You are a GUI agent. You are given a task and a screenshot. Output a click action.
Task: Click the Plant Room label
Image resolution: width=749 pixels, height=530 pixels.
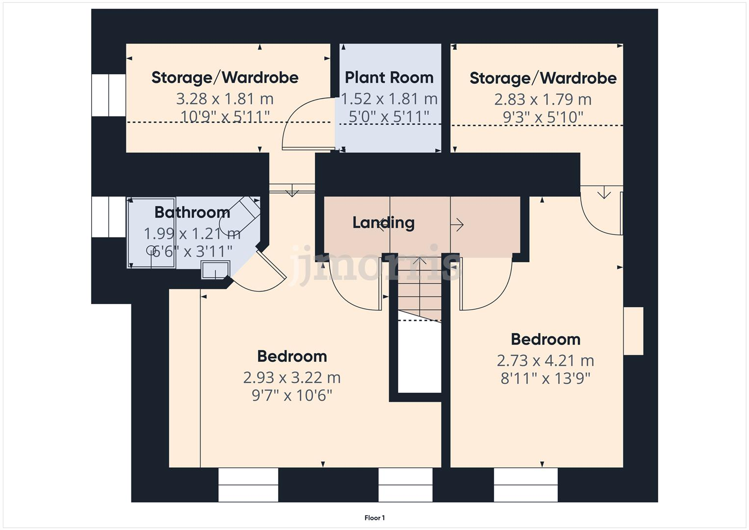389,78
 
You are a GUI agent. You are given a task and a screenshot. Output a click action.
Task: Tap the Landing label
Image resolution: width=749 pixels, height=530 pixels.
384,222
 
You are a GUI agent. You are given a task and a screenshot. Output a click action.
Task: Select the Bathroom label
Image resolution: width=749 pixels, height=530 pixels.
192,212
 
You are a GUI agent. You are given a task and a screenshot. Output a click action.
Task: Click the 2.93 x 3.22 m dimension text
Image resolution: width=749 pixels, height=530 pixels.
292,377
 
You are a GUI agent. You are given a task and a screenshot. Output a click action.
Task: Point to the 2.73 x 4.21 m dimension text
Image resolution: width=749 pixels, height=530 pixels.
545,361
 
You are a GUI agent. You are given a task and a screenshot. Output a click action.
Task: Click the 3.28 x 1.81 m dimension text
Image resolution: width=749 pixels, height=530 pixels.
225,99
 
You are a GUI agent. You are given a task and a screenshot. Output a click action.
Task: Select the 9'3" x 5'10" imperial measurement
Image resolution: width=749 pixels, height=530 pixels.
542,117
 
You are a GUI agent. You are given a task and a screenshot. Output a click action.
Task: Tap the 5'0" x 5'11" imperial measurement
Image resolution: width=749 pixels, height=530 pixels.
389,117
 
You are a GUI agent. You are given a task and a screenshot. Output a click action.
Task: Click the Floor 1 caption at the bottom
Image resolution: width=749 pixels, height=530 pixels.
375,518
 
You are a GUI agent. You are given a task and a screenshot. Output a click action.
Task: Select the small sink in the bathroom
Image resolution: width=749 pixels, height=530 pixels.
215,270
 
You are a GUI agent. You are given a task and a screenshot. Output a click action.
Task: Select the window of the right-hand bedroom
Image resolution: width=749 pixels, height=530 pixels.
525,485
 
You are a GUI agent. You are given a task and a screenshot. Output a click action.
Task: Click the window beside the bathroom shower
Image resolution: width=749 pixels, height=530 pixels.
108,217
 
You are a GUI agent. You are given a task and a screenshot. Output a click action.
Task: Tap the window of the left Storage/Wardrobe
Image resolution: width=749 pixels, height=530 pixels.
108,95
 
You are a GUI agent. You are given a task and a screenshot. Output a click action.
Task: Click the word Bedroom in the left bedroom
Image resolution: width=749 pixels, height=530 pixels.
292,356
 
